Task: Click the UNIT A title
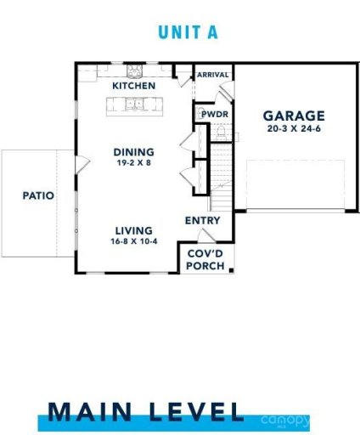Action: [x=188, y=32]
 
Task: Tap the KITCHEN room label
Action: [x=134, y=87]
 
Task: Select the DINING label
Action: [x=134, y=152]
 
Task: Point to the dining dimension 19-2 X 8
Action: [x=134, y=163]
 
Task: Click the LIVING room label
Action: [x=134, y=230]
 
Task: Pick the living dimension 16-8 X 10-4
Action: [x=134, y=241]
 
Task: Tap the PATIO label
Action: [x=38, y=195]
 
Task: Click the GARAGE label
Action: [x=293, y=116]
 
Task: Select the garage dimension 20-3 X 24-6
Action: [x=293, y=130]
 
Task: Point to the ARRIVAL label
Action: [x=213, y=75]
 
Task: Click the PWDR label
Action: [x=211, y=113]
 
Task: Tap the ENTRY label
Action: [x=203, y=221]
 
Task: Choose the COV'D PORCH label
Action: [x=205, y=259]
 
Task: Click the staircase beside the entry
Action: [x=221, y=178]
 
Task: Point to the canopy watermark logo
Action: [x=286, y=420]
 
